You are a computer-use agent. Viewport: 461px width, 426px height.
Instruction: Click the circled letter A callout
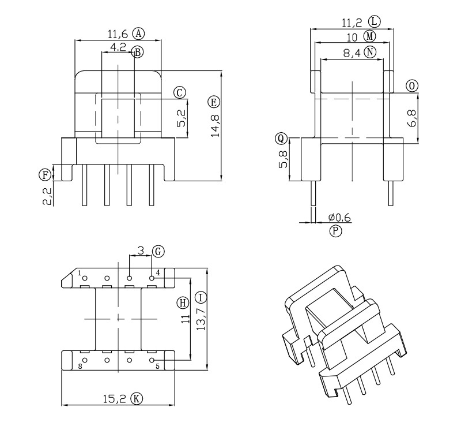(x=138, y=33)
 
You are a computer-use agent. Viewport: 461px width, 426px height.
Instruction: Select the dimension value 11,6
(x=118, y=35)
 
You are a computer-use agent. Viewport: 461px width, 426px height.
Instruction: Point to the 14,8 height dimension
(x=215, y=125)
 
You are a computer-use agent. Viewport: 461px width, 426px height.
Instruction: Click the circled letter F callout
(x=45, y=175)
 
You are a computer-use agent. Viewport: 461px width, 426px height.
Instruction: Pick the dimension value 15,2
(x=114, y=399)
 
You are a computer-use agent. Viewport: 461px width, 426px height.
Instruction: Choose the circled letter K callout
(x=137, y=399)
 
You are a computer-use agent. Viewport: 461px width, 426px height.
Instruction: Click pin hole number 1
(x=85, y=278)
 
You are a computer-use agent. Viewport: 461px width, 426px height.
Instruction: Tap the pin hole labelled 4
(x=152, y=278)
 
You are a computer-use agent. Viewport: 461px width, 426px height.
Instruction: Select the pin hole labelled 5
(x=152, y=360)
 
